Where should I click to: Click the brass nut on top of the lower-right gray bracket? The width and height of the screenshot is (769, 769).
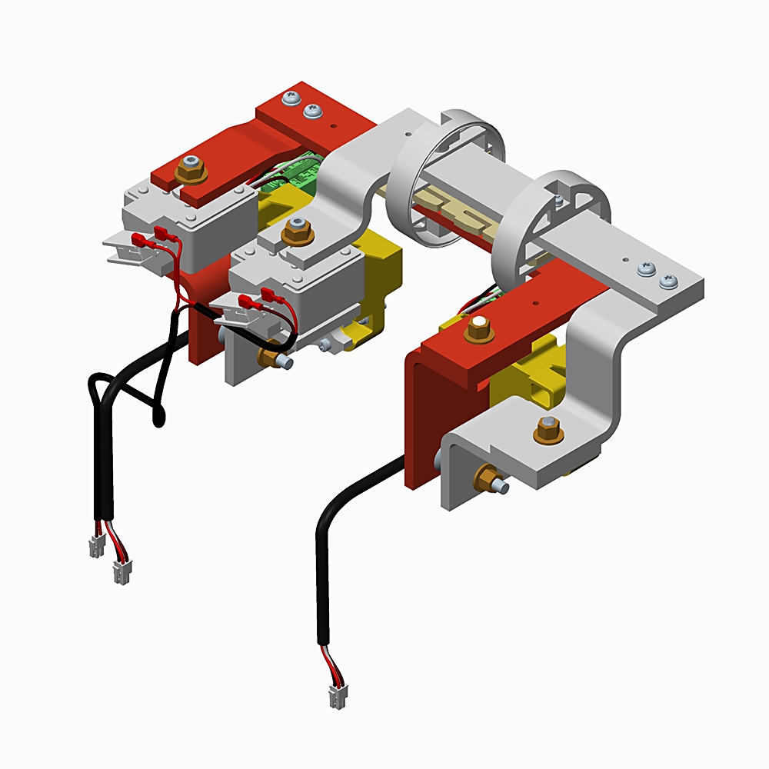point(548,429)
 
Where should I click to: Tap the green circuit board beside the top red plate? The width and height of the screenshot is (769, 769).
point(296,175)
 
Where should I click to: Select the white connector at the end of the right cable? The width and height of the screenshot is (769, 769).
point(337,697)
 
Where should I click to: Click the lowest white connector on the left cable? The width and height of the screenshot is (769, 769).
point(121,571)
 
